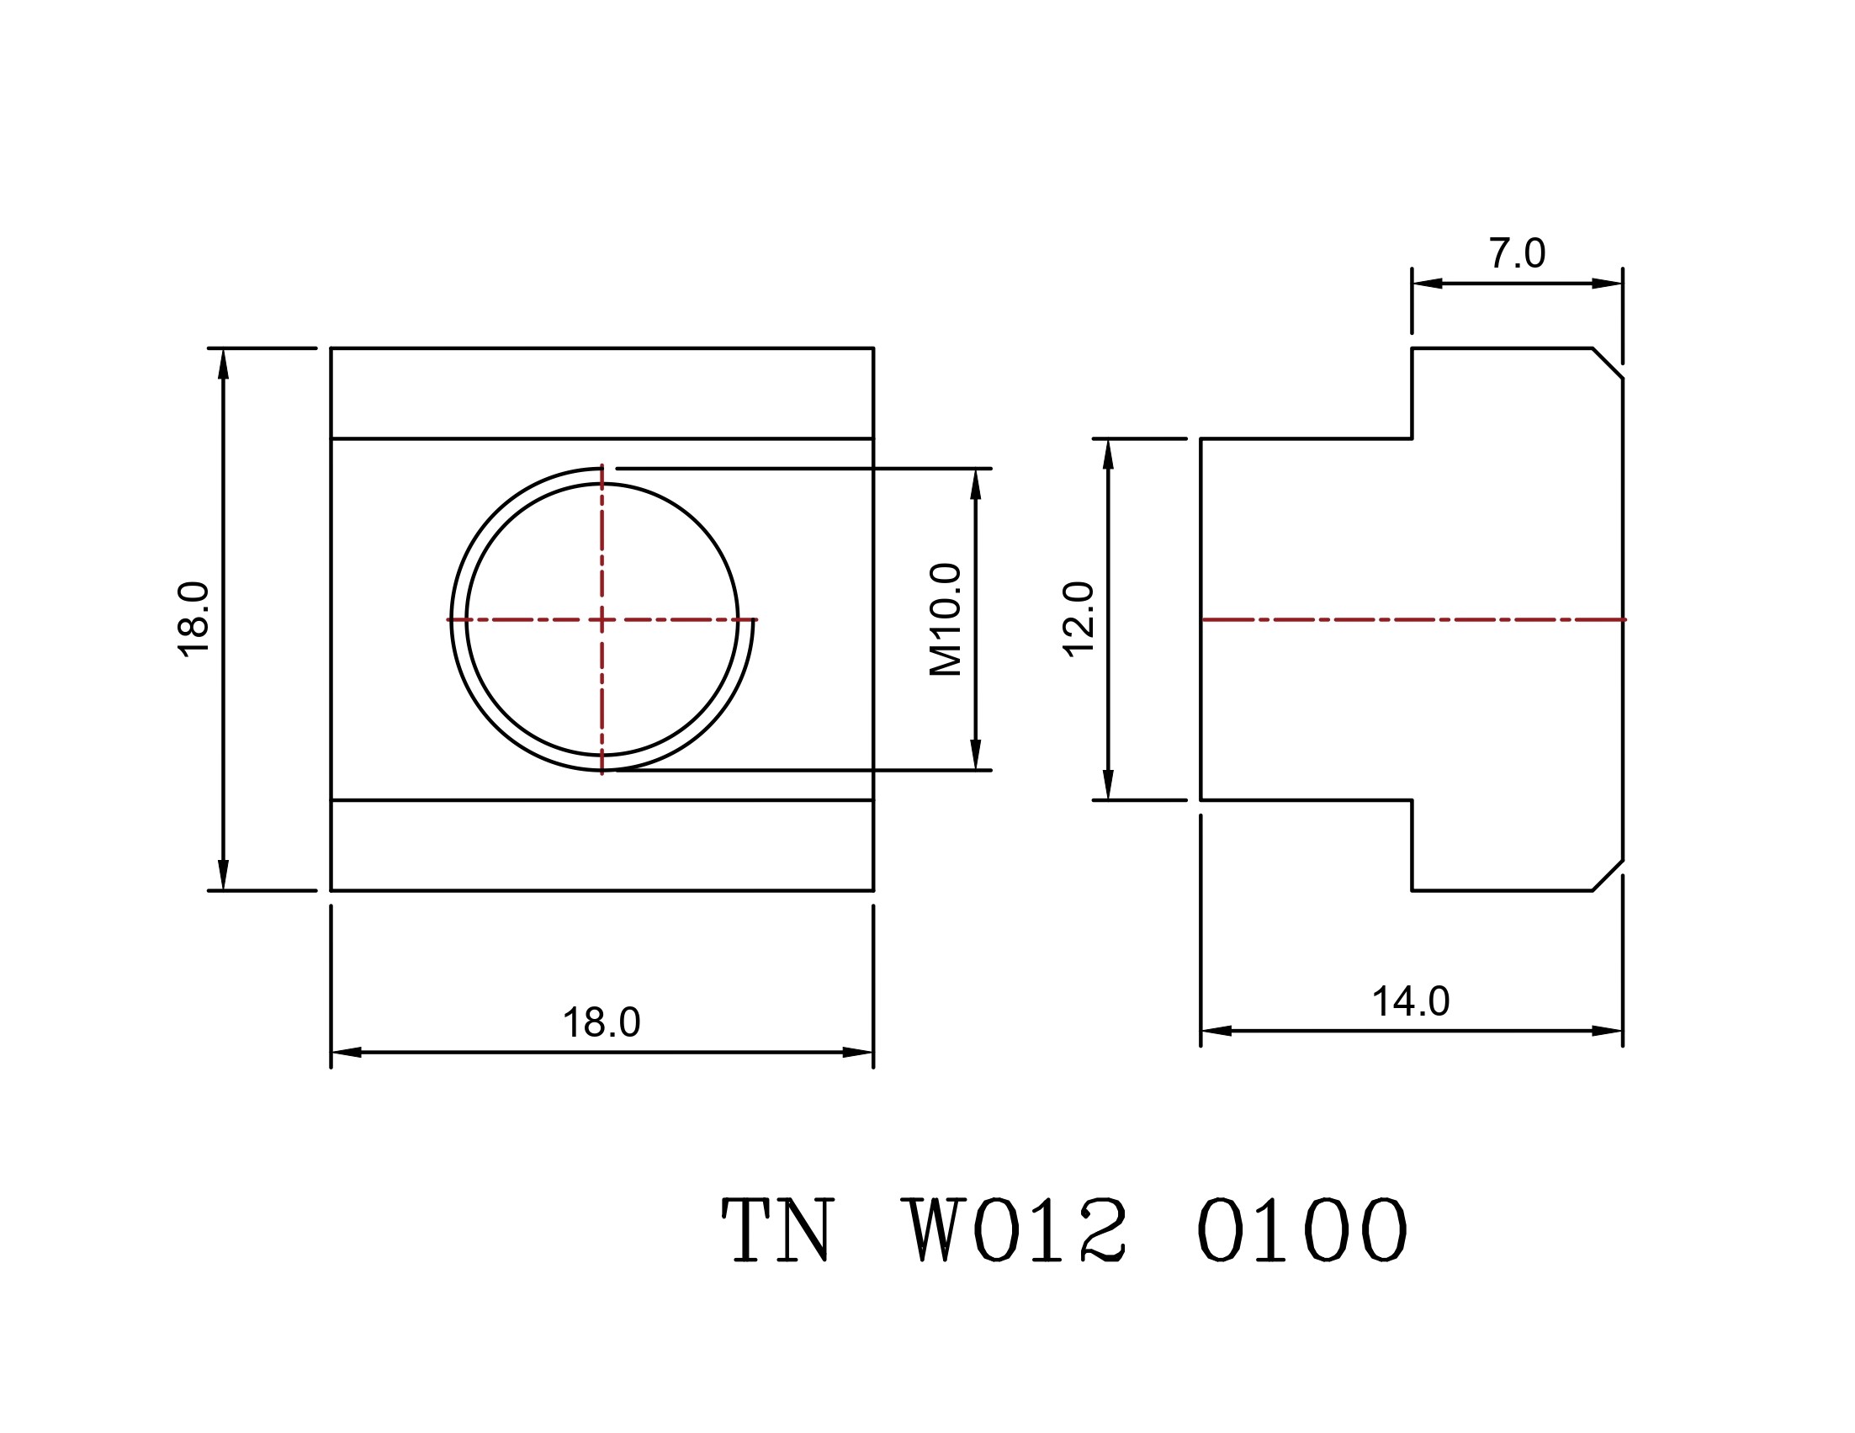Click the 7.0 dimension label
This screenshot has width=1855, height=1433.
[1516, 253]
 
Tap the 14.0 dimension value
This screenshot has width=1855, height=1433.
[1411, 1001]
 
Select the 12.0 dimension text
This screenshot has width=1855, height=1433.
[1079, 618]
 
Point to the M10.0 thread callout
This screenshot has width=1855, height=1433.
[946, 619]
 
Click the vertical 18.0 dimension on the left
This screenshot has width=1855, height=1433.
[193, 618]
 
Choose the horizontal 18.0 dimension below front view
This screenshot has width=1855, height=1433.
[602, 1022]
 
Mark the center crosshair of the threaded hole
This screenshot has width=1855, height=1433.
[602, 620]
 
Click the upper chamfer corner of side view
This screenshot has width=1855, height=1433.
[1608, 363]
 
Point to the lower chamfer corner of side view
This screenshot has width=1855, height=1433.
[1608, 876]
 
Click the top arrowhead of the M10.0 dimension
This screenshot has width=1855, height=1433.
[975, 482]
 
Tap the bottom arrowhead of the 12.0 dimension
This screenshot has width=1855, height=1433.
[1108, 785]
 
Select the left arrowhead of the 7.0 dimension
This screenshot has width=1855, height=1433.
[1427, 283]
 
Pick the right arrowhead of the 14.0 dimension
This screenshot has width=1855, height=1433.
[1608, 1032]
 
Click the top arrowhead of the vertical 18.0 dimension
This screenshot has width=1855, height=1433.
[224, 363]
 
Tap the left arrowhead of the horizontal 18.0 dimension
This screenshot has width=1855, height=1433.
[346, 1053]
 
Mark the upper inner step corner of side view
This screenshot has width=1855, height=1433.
[1412, 438]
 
